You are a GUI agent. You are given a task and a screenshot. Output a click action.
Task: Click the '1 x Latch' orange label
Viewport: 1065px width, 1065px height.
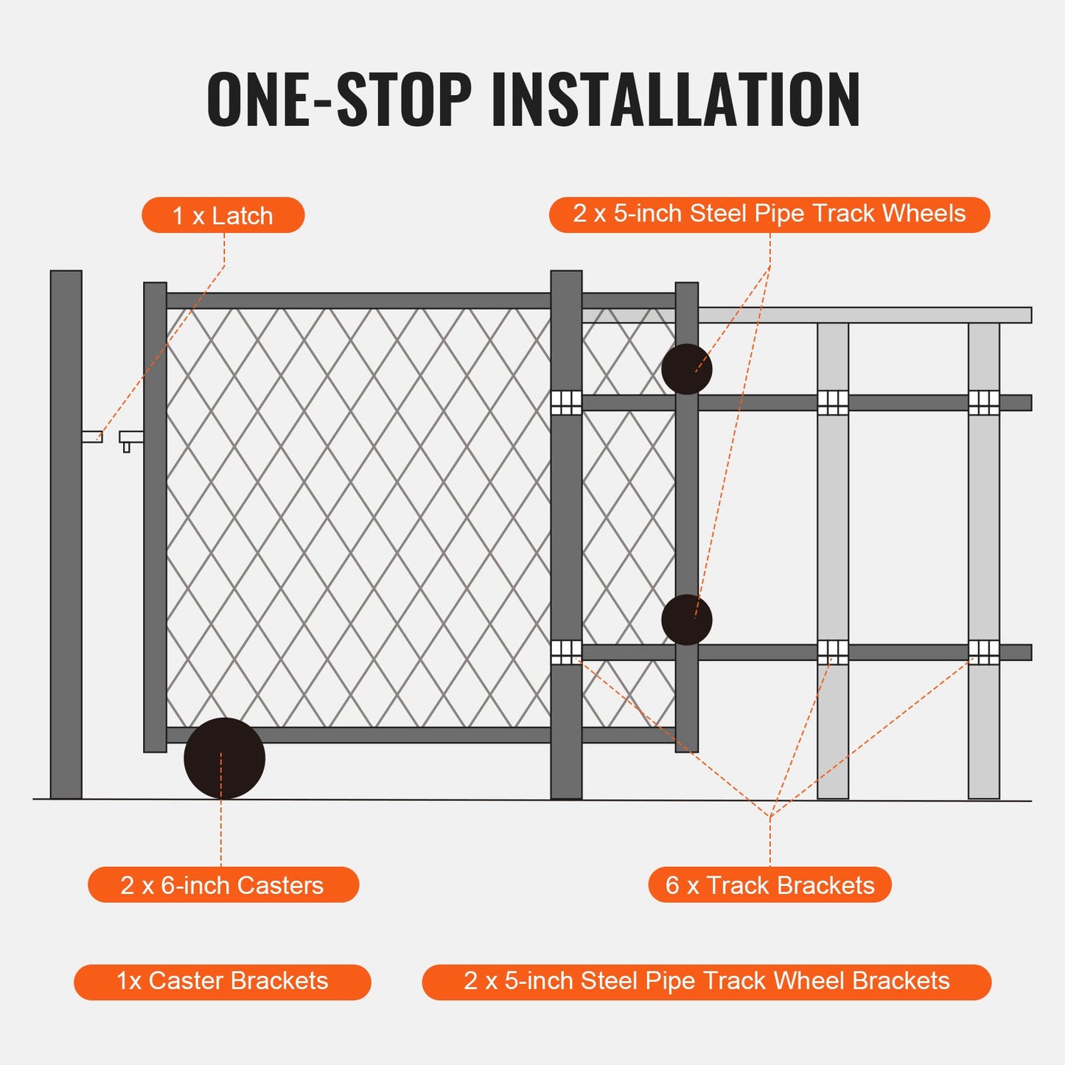click(x=223, y=215)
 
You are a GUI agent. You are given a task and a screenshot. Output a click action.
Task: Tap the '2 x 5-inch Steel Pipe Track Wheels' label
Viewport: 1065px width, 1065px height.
click(x=769, y=214)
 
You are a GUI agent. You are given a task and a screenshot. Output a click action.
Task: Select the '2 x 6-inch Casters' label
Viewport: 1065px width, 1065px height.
click(x=223, y=884)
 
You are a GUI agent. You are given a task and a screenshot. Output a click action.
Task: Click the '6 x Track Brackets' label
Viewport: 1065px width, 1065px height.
click(x=769, y=884)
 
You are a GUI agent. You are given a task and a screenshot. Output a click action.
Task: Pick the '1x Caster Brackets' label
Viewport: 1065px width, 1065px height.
click(x=222, y=982)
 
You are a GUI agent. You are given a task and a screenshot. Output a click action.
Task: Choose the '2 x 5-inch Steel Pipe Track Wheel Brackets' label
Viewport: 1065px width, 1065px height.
click(x=706, y=982)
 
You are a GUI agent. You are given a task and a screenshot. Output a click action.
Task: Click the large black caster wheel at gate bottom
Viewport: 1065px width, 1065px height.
click(x=224, y=758)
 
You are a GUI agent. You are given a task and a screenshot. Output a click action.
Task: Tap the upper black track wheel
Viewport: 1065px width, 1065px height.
click(x=686, y=369)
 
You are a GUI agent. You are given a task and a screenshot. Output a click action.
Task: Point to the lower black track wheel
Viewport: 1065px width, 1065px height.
click(x=686, y=620)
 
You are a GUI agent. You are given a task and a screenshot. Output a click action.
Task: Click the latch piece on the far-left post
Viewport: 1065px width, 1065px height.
click(x=92, y=437)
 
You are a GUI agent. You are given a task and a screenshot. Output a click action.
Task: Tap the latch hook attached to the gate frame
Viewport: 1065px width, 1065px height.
click(x=130, y=439)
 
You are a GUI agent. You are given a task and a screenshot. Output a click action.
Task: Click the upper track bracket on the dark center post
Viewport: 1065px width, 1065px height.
click(x=566, y=402)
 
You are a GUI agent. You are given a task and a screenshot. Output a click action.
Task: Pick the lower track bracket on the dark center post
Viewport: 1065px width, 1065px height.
click(x=566, y=652)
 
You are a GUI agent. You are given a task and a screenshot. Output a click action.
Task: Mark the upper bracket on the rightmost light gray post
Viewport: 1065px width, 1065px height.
click(x=983, y=402)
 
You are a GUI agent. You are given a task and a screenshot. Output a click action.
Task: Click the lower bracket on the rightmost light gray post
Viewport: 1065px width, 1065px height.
click(x=983, y=652)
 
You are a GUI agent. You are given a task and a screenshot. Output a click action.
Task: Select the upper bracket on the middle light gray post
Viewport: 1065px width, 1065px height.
click(x=833, y=402)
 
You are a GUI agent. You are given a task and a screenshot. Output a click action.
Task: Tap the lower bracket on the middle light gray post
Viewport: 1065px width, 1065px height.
click(x=833, y=652)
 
